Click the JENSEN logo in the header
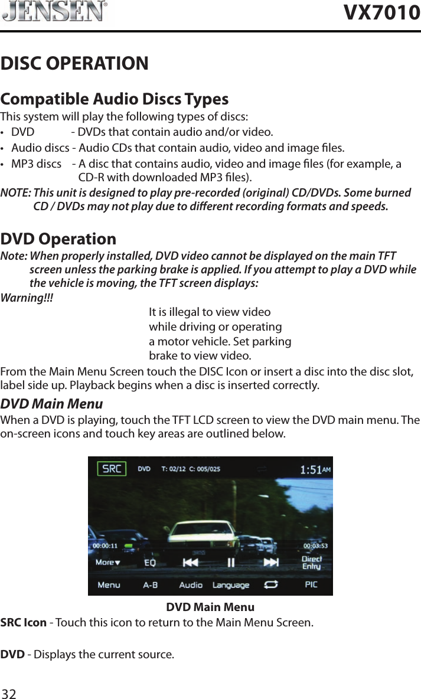coord(55,12)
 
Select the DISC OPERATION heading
coord(75,63)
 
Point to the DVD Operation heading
coord(58,239)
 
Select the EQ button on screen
coord(151,563)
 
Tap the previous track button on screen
coord(190,563)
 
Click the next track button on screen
coord(271,562)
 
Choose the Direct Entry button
coord(311,563)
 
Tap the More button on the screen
coord(108,563)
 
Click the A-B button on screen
coord(151,585)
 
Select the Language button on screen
coord(231,585)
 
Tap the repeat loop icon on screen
coord(271,584)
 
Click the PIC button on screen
coord(311,584)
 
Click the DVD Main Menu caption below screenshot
coord(210,607)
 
